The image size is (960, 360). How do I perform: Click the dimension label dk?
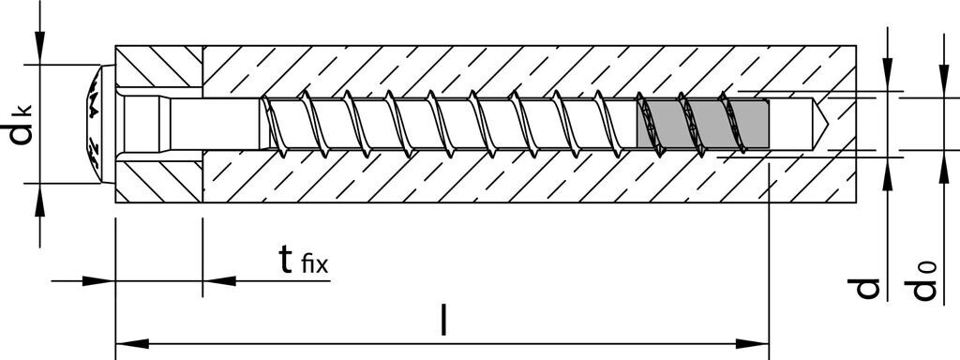(x=22, y=125)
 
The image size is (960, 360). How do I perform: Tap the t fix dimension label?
(x=302, y=262)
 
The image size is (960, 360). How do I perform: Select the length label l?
(x=443, y=322)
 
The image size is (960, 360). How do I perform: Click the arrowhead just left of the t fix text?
(x=217, y=279)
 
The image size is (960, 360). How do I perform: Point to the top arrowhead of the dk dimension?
(x=39, y=52)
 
